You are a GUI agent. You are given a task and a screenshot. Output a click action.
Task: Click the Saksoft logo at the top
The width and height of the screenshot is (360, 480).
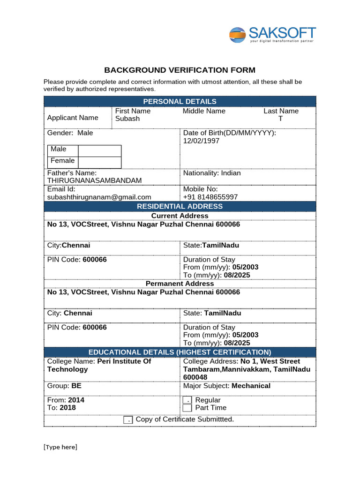click(272, 35)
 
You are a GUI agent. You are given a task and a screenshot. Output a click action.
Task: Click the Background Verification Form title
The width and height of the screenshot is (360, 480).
click(180, 70)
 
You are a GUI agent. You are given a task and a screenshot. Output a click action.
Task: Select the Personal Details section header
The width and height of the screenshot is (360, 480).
click(180, 101)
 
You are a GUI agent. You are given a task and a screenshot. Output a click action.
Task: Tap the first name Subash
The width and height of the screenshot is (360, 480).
click(127, 119)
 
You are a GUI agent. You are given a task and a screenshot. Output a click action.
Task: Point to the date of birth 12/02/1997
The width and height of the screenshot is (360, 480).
click(201, 141)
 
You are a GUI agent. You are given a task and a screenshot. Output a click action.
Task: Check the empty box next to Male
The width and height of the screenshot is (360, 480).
click(99, 150)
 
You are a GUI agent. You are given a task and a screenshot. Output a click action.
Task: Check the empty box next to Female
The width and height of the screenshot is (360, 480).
click(99, 162)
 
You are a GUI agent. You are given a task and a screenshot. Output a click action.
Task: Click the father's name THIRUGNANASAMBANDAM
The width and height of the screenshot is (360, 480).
click(94, 180)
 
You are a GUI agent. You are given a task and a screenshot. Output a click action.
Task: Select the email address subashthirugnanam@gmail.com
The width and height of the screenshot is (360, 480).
click(99, 197)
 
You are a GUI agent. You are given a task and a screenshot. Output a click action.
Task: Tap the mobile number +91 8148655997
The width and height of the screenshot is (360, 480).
click(210, 197)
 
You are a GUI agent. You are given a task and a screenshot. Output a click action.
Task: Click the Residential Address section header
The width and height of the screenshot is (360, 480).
click(180, 206)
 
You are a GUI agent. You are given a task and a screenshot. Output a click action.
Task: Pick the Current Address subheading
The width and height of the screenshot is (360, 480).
click(180, 216)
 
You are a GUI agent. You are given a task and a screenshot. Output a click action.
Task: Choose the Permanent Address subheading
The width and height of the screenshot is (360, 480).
click(180, 284)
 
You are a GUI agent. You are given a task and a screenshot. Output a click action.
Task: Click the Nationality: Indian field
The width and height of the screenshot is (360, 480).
click(212, 173)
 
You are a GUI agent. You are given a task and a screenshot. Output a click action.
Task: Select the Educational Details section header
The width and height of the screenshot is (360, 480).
click(180, 352)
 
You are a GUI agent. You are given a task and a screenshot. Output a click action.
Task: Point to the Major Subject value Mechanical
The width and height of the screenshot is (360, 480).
click(251, 386)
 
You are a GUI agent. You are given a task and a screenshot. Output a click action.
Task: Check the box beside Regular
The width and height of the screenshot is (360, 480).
click(187, 400)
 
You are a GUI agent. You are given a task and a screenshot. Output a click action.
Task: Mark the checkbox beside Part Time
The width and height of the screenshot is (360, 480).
click(187, 408)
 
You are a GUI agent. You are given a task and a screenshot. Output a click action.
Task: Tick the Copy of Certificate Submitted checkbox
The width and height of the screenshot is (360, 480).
click(128, 420)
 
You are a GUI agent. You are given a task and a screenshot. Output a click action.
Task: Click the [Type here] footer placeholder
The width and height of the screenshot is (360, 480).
click(60, 447)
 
